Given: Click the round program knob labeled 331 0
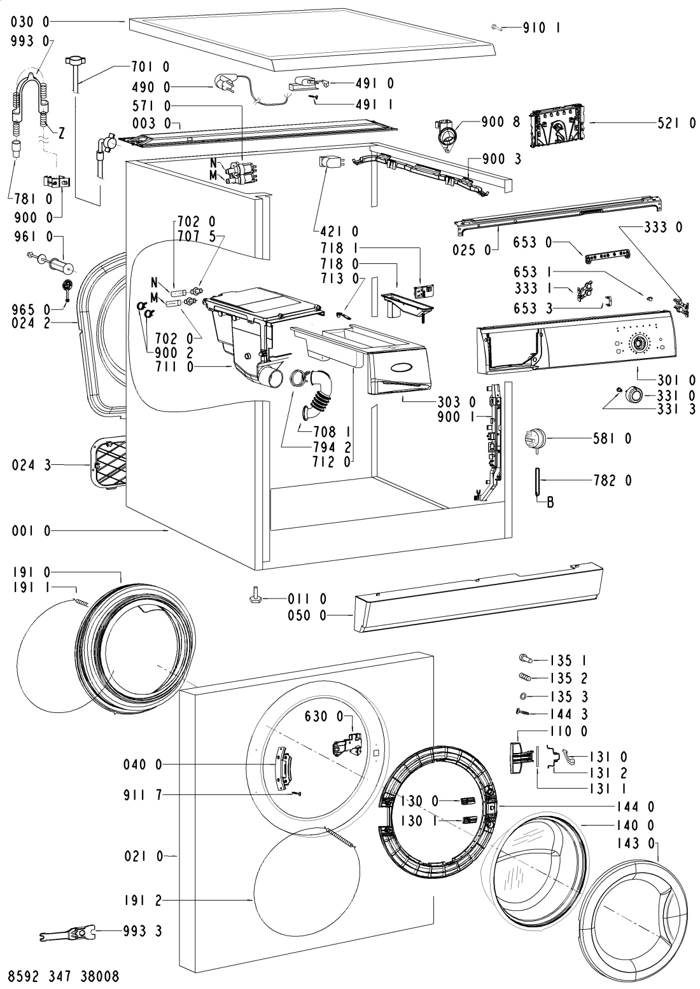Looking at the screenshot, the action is (x=634, y=393).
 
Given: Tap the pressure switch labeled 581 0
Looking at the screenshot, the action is (x=535, y=440).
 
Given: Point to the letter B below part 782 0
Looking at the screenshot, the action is (x=550, y=502).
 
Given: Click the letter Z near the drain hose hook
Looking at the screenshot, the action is (x=61, y=134).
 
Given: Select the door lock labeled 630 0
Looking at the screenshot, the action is (x=347, y=745).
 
